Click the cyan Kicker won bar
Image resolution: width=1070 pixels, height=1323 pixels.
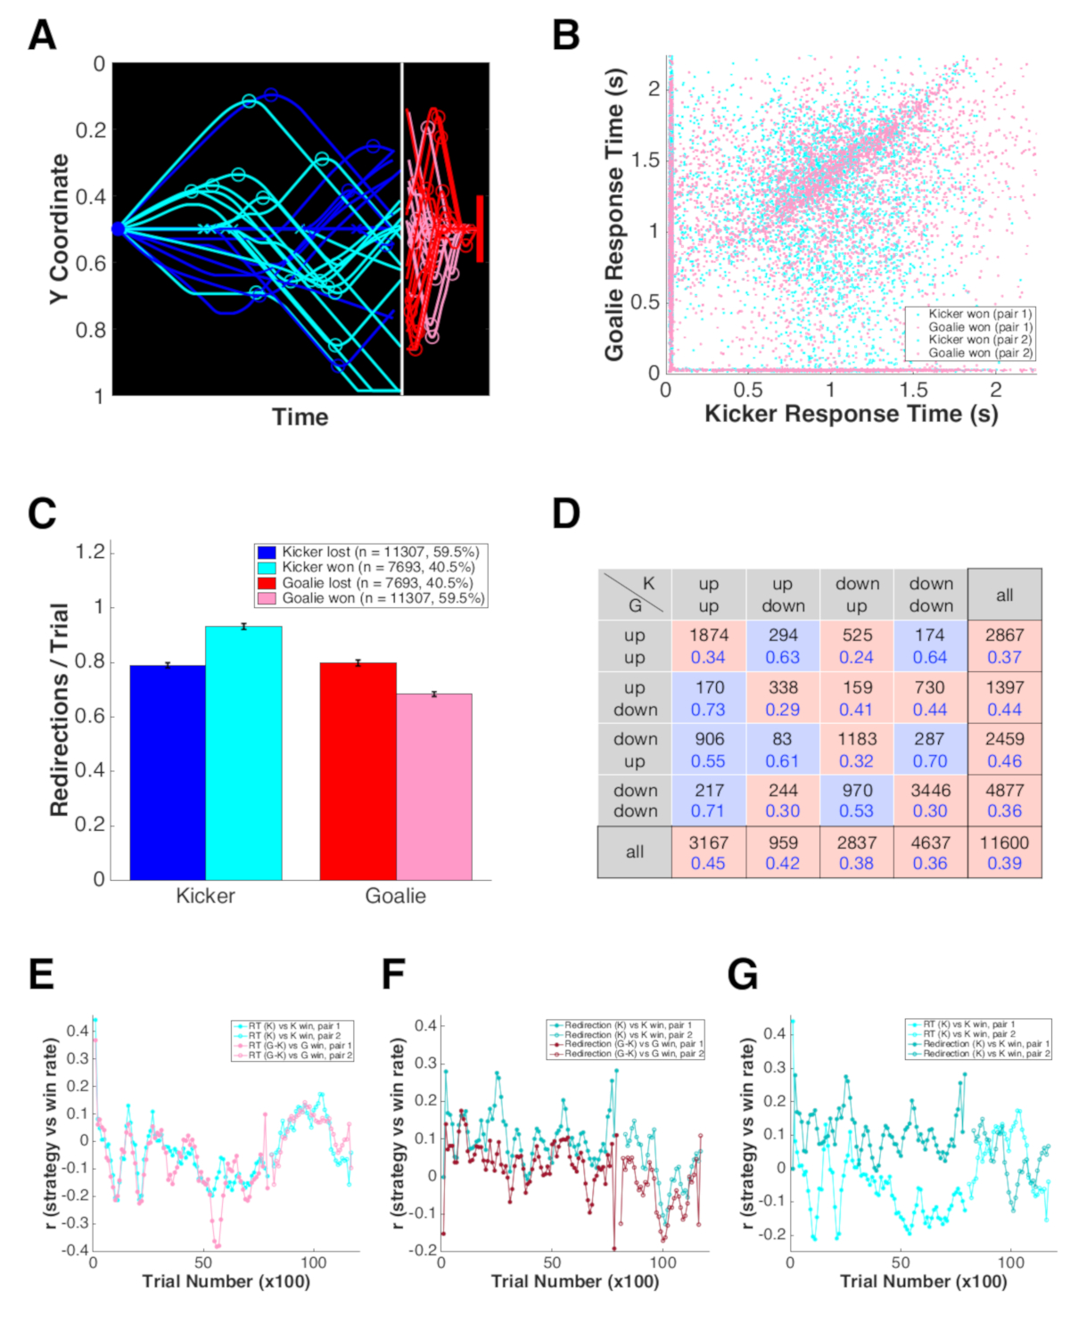click(x=243, y=753)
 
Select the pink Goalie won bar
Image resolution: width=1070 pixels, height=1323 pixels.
click(x=434, y=786)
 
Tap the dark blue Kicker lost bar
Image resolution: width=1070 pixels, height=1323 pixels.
click(x=168, y=772)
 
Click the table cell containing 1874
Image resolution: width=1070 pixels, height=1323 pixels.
click(x=709, y=645)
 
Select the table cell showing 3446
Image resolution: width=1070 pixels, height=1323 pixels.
click(x=931, y=800)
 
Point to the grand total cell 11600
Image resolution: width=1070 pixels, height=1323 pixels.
click(x=1004, y=852)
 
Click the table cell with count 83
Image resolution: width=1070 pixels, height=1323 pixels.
click(x=783, y=749)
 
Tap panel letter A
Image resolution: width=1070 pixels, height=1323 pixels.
click(x=42, y=36)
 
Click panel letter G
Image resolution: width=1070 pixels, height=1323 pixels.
click(x=743, y=974)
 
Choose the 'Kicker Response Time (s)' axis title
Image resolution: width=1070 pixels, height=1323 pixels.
click(x=851, y=414)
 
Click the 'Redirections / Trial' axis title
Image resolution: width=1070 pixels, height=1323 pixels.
click(x=60, y=710)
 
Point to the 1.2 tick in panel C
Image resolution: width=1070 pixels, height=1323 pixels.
click(x=91, y=552)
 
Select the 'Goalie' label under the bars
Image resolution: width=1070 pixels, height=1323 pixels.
click(x=395, y=896)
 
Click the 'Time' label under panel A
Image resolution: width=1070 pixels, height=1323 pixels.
click(x=300, y=417)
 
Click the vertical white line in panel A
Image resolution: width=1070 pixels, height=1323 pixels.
click(x=402, y=228)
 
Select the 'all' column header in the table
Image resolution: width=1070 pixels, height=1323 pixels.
click(x=1004, y=595)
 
